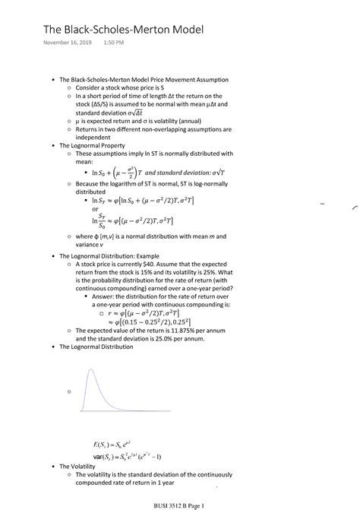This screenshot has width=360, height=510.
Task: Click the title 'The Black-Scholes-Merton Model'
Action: pos(123,30)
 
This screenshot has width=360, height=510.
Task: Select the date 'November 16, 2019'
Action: pos(68,52)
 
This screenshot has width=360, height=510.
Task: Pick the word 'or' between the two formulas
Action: pos(95,209)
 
